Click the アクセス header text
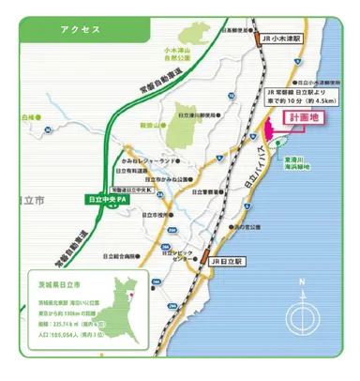(80, 29)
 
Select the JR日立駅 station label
(227, 260)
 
